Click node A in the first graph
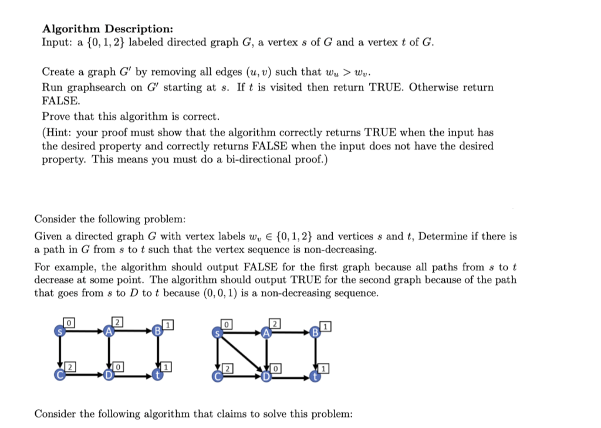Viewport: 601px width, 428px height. point(108,331)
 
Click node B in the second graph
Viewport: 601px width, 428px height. point(315,332)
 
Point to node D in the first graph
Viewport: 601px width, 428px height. point(108,376)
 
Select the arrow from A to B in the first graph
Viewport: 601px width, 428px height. point(133,331)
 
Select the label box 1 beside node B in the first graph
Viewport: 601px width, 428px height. point(168,323)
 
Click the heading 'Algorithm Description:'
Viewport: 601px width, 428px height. point(107,29)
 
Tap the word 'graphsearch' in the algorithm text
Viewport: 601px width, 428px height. point(96,87)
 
